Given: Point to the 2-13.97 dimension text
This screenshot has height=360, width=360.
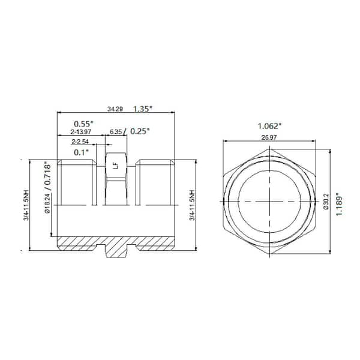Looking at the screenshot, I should click(x=81, y=131).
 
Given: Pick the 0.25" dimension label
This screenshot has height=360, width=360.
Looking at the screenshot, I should click(x=140, y=131).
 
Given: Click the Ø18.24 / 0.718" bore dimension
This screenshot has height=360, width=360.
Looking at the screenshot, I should click(x=49, y=199).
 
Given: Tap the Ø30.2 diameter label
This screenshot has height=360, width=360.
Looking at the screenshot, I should click(x=326, y=203).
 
